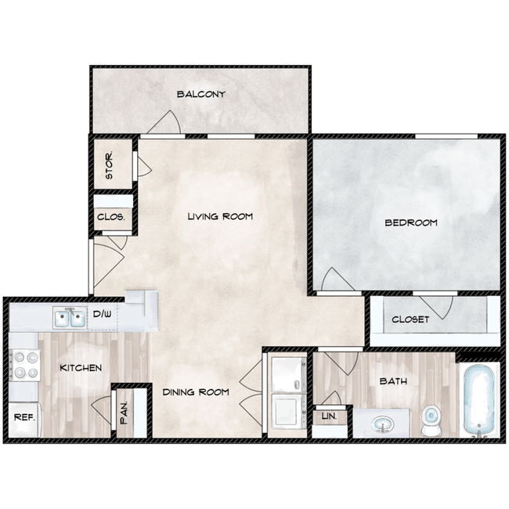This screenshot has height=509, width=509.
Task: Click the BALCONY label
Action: tap(201, 94)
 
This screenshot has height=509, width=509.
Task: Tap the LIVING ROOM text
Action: tap(220, 216)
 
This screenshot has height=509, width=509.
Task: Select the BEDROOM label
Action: tap(411, 222)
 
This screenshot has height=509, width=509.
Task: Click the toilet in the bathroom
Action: tap(430, 421)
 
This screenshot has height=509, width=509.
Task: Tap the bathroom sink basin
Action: tap(383, 424)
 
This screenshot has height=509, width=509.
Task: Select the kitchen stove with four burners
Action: tap(25, 365)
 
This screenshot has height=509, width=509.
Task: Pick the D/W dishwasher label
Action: tap(103, 314)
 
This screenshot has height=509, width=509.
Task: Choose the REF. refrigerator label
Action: tap(24, 417)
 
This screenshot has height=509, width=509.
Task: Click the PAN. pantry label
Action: tap(124, 413)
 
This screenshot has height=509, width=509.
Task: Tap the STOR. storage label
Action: tap(109, 165)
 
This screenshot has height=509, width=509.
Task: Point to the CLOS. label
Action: tap(110, 216)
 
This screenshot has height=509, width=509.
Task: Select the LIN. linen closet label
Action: tap(329, 416)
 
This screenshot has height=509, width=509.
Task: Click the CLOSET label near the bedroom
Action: tap(410, 319)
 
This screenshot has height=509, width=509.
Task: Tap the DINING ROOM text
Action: tap(196, 392)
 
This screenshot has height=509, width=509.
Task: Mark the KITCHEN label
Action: tap(81, 368)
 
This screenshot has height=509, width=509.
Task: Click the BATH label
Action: tap(393, 381)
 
